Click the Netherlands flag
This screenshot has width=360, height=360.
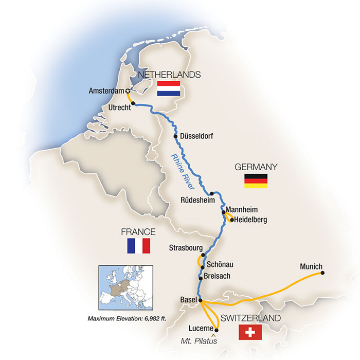click(x=168, y=88)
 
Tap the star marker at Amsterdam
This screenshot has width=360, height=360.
click(x=127, y=91)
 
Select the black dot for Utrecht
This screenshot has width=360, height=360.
click(x=133, y=103)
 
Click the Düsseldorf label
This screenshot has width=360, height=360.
click(x=196, y=136)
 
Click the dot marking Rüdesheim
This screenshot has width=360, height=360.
click(x=211, y=193)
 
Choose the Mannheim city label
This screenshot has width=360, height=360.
click(x=242, y=210)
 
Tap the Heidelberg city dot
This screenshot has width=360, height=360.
click(x=231, y=220)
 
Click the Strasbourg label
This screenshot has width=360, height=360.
click(x=185, y=248)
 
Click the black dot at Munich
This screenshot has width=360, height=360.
click(x=322, y=273)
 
